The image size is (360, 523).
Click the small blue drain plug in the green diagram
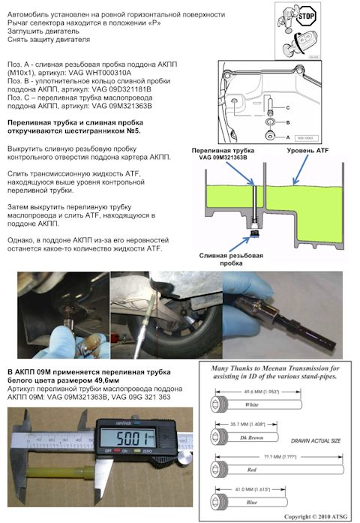[255, 235]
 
